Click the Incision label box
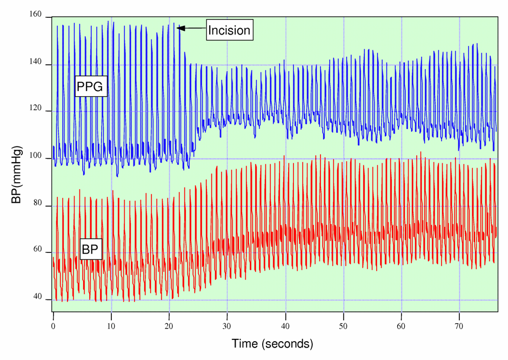point(230,31)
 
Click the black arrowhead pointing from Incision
point(182,28)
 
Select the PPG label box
point(91,86)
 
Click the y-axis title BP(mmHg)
point(18,174)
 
